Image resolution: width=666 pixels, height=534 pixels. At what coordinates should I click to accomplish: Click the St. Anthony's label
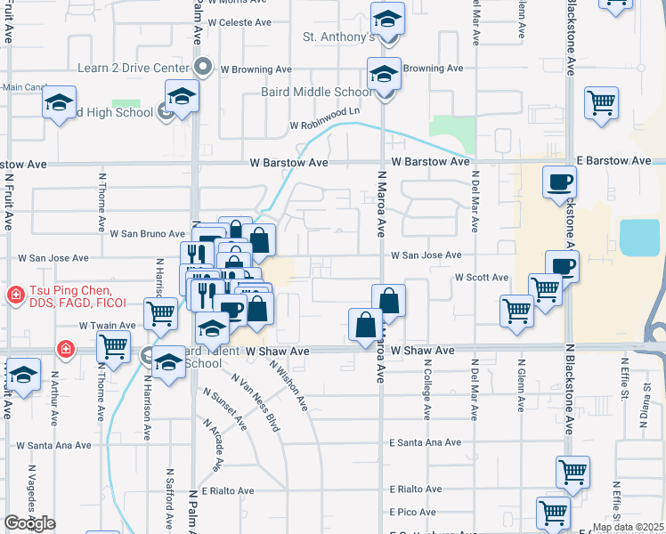pyautogui.click(x=337, y=37)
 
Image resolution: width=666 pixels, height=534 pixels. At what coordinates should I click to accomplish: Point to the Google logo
pyautogui.click(x=29, y=523)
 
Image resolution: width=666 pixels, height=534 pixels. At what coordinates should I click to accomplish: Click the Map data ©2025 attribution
pyautogui.click(x=629, y=528)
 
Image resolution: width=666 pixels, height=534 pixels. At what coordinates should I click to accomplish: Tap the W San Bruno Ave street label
pyautogui.click(x=147, y=234)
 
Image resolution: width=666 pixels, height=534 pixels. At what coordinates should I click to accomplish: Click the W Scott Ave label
pyautogui.click(x=481, y=278)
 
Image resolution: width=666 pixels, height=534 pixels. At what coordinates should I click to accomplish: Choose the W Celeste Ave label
pyautogui.click(x=238, y=23)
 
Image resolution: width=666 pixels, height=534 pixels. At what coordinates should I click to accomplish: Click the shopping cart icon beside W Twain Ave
pyautogui.click(x=160, y=312)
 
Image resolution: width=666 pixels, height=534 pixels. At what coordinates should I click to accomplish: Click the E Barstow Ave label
pyautogui.click(x=608, y=162)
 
